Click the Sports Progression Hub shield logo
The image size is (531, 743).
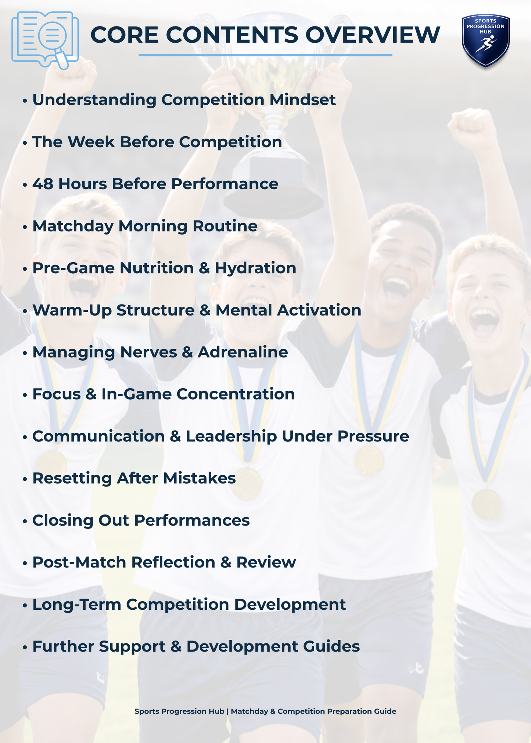click(x=485, y=40)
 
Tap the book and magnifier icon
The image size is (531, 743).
click(x=45, y=40)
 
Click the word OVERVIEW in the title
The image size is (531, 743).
click(x=373, y=35)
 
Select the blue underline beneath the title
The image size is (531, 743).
click(x=265, y=55)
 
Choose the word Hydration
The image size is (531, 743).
click(x=255, y=268)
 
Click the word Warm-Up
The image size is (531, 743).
click(x=72, y=310)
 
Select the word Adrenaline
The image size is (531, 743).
click(x=243, y=352)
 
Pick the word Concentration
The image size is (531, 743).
click(x=236, y=394)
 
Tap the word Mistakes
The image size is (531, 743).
click(x=199, y=478)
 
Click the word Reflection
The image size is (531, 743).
click(x=173, y=562)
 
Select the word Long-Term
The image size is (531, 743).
click(x=77, y=605)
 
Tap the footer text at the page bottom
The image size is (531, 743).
click(x=265, y=711)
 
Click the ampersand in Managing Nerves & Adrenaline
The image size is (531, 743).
click(x=187, y=352)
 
